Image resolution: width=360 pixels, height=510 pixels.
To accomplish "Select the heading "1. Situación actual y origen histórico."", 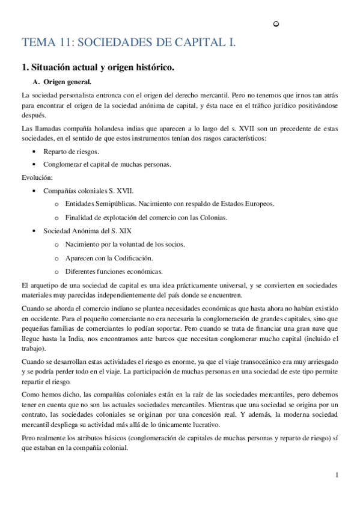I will [97, 68].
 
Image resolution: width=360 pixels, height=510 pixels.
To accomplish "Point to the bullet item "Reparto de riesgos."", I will [71, 152].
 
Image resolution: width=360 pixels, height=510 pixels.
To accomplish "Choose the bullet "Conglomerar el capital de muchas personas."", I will [106, 164].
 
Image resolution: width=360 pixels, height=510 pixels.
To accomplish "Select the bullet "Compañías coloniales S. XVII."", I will [88, 191].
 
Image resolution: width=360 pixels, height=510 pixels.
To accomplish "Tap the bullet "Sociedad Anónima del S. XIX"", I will [87, 231].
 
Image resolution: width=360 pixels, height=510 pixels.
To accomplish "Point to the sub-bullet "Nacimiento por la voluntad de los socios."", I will [125, 244].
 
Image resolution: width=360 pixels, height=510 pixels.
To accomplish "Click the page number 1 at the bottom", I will [337, 475].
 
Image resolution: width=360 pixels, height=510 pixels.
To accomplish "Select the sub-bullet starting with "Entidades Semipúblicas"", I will [169, 204].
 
